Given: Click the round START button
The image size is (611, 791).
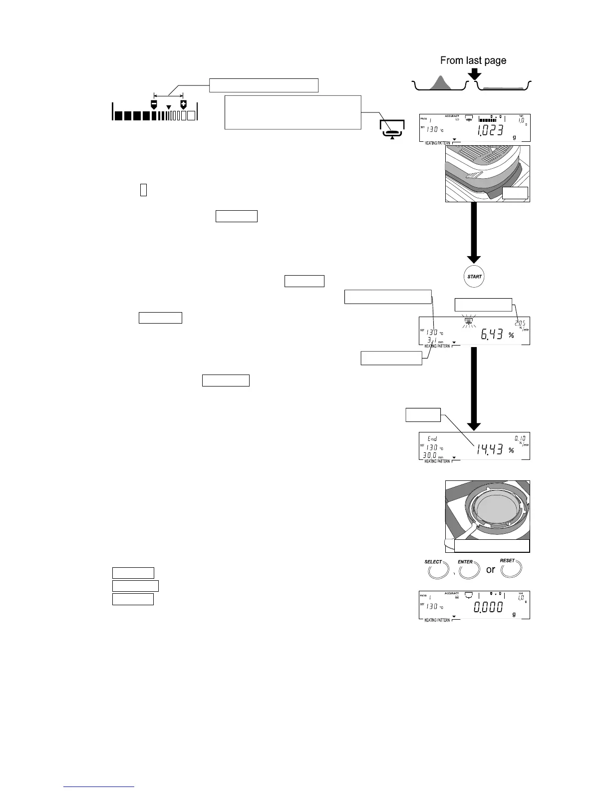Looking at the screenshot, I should tap(474, 277).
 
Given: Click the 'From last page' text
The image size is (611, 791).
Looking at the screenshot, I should tap(473, 60).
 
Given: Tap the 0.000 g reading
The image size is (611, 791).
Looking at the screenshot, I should tap(488, 607).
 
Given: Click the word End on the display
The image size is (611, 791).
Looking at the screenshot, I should tap(432, 439).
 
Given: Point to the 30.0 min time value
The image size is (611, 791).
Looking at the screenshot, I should tap(430, 455).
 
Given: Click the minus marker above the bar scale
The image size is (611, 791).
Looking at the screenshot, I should tap(154, 104).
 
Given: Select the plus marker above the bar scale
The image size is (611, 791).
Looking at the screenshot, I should tap(183, 104).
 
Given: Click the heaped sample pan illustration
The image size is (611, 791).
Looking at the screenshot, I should tap(440, 83).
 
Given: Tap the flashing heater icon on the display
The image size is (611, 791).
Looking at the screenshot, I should tap(468, 321).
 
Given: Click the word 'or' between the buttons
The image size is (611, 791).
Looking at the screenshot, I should tap(491, 570).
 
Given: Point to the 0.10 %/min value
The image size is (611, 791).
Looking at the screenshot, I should tap(520, 438).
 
